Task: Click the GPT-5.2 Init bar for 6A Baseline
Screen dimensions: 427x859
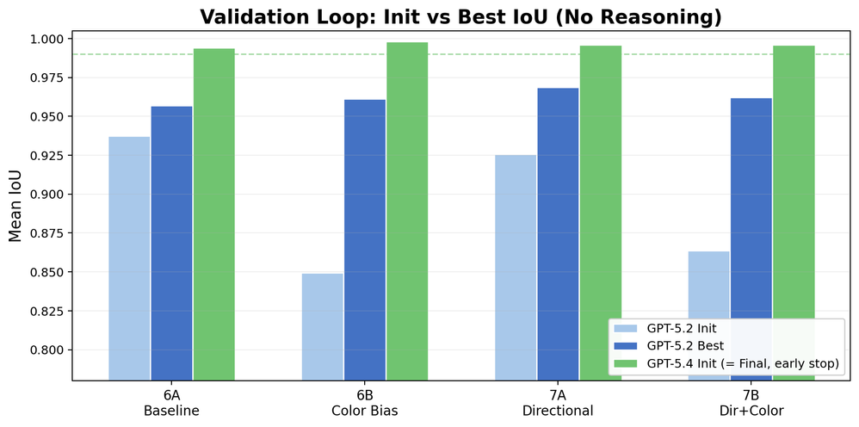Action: pyautogui.click(x=129, y=258)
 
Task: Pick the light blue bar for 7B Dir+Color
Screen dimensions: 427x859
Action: pyautogui.click(x=708, y=315)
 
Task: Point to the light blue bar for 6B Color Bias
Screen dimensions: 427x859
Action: pyautogui.click(x=323, y=326)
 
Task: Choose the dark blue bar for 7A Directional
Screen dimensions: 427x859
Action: pyautogui.click(x=558, y=233)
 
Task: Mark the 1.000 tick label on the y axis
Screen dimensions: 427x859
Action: pyautogui.click(x=47, y=40)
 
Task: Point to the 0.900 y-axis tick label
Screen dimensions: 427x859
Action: pyautogui.click(x=47, y=195)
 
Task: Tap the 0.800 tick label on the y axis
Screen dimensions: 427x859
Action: pyautogui.click(x=47, y=350)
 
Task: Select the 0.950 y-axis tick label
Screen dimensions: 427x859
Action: pyautogui.click(x=47, y=117)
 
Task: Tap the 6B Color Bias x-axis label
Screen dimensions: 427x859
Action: pyautogui.click(x=365, y=403)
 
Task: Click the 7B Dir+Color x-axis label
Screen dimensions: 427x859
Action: pyautogui.click(x=751, y=403)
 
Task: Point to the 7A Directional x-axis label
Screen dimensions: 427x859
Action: pyautogui.click(x=558, y=403)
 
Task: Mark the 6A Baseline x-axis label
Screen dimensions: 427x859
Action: pyautogui.click(x=171, y=403)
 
